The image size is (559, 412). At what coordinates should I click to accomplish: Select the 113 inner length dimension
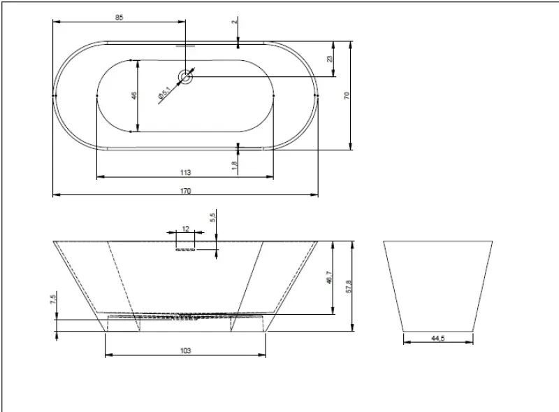pyautogui.click(x=184, y=171)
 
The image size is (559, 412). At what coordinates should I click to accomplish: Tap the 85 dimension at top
pyautogui.click(x=119, y=18)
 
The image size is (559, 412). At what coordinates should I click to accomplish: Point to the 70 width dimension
pyautogui.click(x=347, y=95)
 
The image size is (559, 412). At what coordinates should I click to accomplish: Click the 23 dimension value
pyautogui.click(x=330, y=59)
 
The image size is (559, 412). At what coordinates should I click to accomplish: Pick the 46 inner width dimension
pyautogui.click(x=133, y=95)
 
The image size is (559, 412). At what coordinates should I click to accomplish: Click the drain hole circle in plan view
pyautogui.click(x=186, y=76)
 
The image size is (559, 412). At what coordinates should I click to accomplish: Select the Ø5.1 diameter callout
pyautogui.click(x=164, y=92)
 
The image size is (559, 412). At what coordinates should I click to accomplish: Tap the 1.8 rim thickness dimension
pyautogui.click(x=235, y=166)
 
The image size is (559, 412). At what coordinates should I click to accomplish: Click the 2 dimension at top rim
pyautogui.click(x=235, y=22)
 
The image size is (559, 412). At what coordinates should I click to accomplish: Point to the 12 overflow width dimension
pyautogui.click(x=185, y=229)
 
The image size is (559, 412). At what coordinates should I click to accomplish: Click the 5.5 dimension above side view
pyautogui.click(x=212, y=218)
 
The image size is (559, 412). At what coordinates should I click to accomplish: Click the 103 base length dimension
pyautogui.click(x=185, y=351)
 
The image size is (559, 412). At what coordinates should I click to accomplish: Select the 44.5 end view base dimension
pyautogui.click(x=438, y=338)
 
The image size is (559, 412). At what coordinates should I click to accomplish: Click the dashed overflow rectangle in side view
pyautogui.click(x=185, y=242)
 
